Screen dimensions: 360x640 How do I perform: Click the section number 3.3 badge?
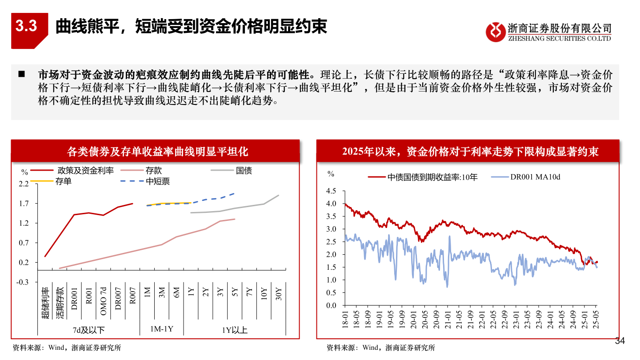pos(27,27)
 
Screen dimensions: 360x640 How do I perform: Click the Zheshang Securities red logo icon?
pos(495,32)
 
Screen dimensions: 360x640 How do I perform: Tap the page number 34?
pos(620,341)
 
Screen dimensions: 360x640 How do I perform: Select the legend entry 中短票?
pos(158,181)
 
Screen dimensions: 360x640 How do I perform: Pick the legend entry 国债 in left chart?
pos(244,170)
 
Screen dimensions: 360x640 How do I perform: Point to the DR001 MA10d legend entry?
pos(535,177)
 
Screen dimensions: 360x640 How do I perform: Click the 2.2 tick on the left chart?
pos(24,184)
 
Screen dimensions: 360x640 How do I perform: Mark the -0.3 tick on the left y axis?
pos(23,282)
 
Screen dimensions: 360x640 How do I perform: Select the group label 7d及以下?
pos(89,330)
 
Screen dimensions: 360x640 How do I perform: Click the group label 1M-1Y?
pos(161,329)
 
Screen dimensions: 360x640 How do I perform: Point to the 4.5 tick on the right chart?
pos(332,191)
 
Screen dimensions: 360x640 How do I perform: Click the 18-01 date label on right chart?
pos(345,319)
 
